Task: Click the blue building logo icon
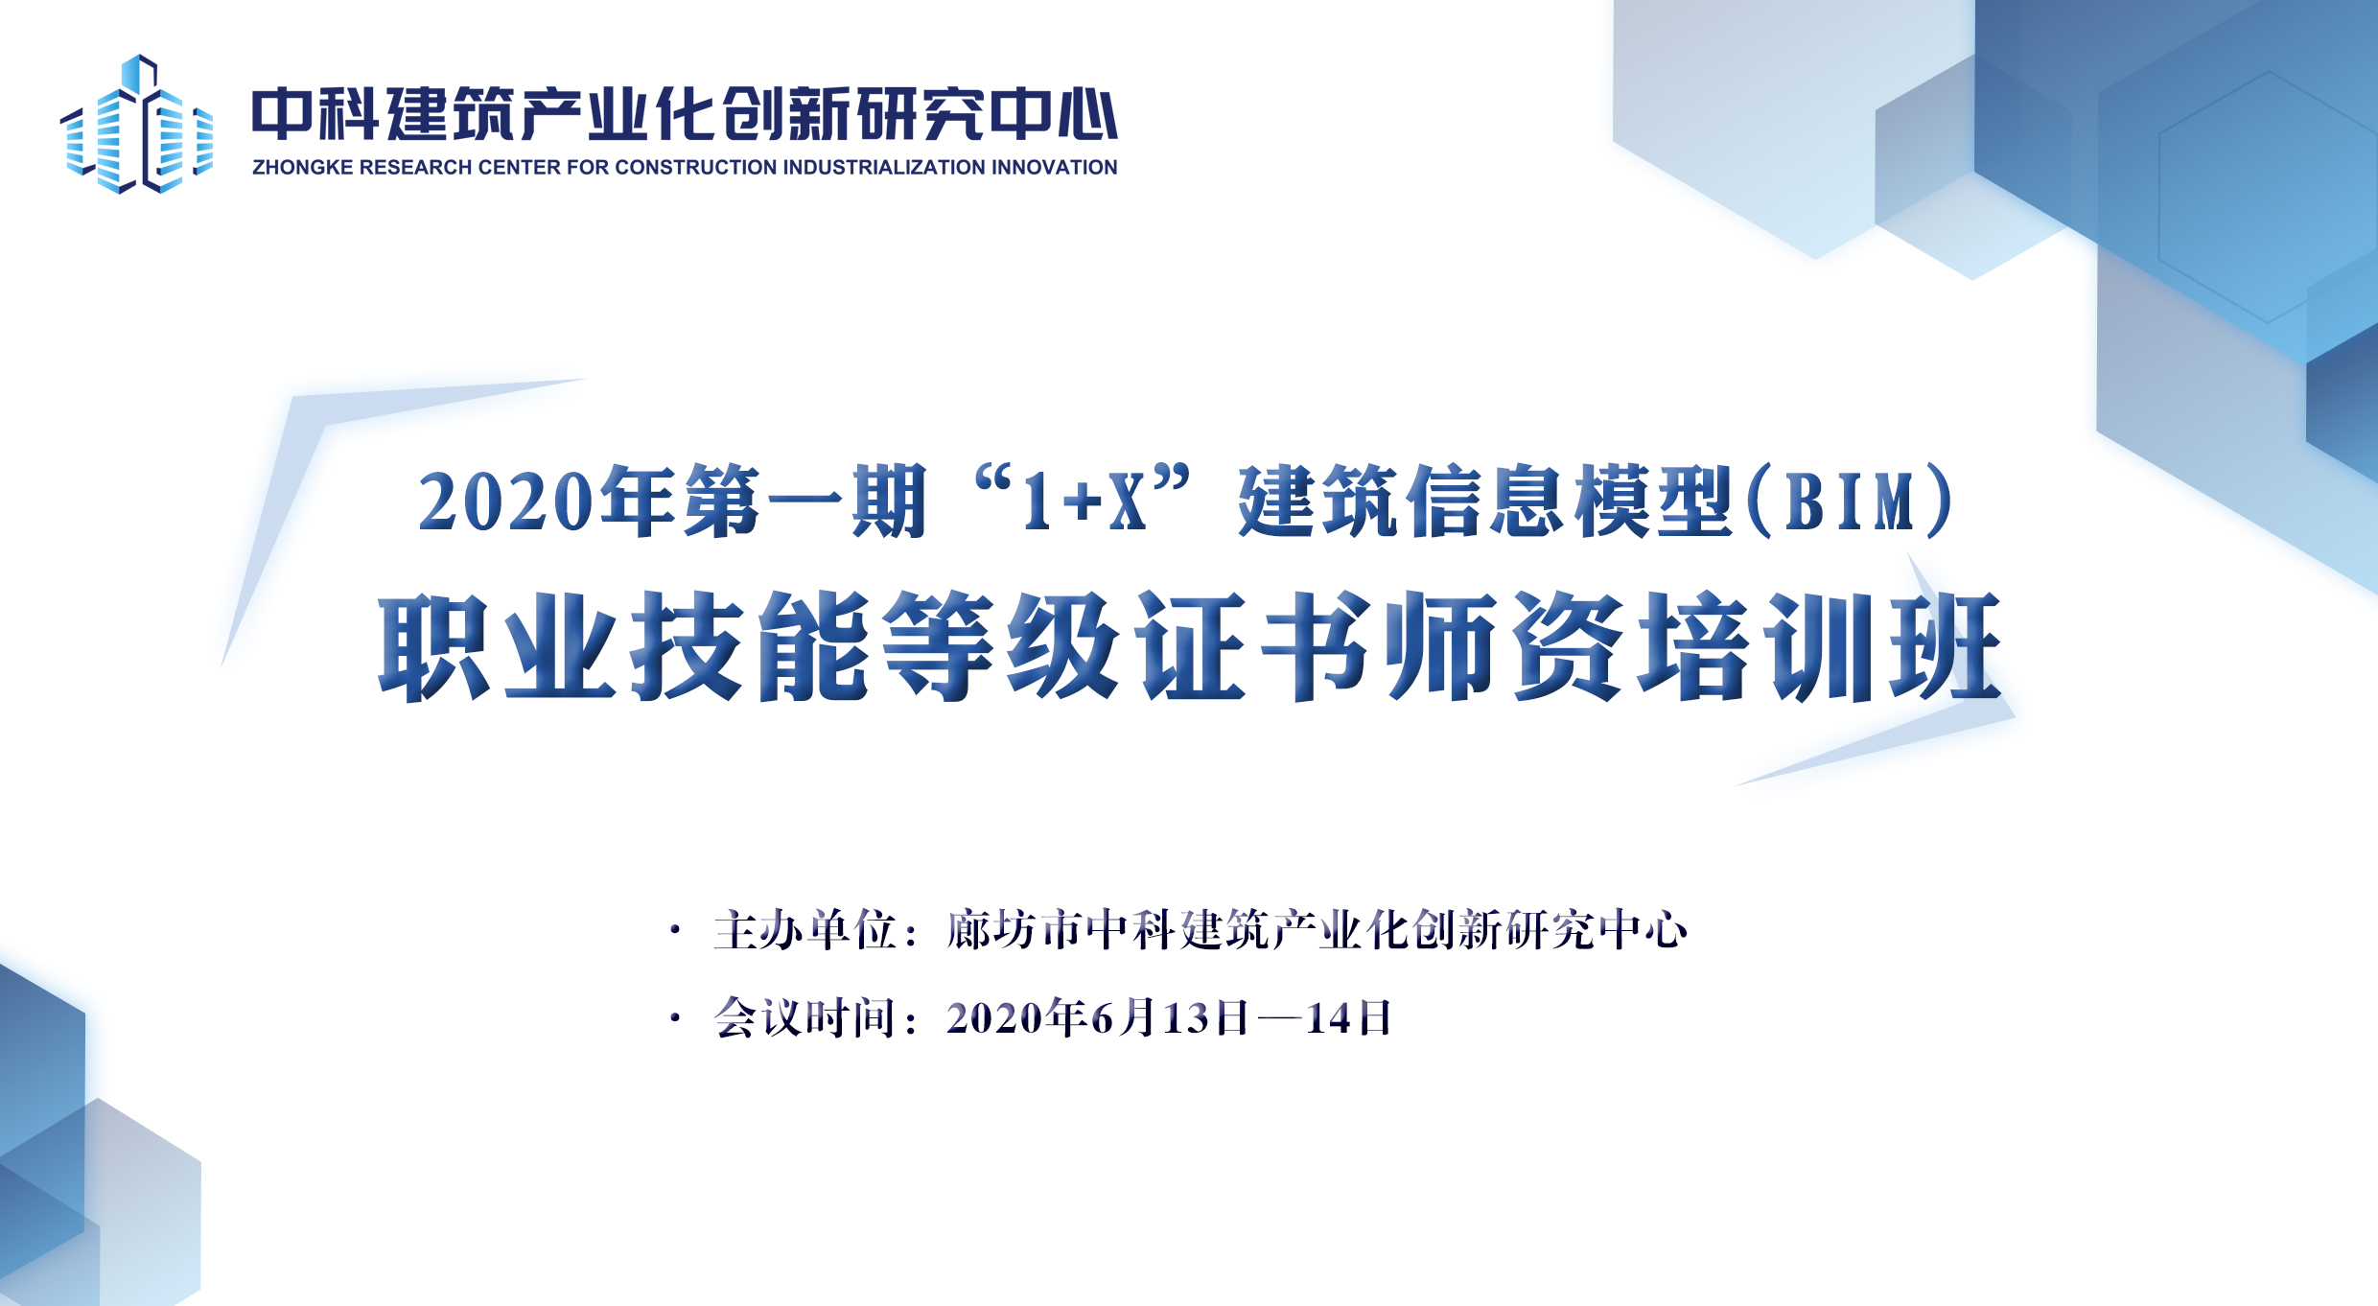[x=136, y=125]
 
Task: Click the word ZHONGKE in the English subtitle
[x=302, y=168]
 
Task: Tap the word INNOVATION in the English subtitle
[x=1055, y=168]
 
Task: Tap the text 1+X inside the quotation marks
[x=1084, y=501]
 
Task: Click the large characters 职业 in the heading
[x=498, y=646]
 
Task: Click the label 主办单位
[x=804, y=930]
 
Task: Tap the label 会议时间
[x=804, y=1018]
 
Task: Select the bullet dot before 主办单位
[x=676, y=930]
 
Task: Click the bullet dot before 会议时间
[x=676, y=1018]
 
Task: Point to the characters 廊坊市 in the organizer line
[x=1014, y=930]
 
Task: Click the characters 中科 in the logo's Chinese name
[x=315, y=114]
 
